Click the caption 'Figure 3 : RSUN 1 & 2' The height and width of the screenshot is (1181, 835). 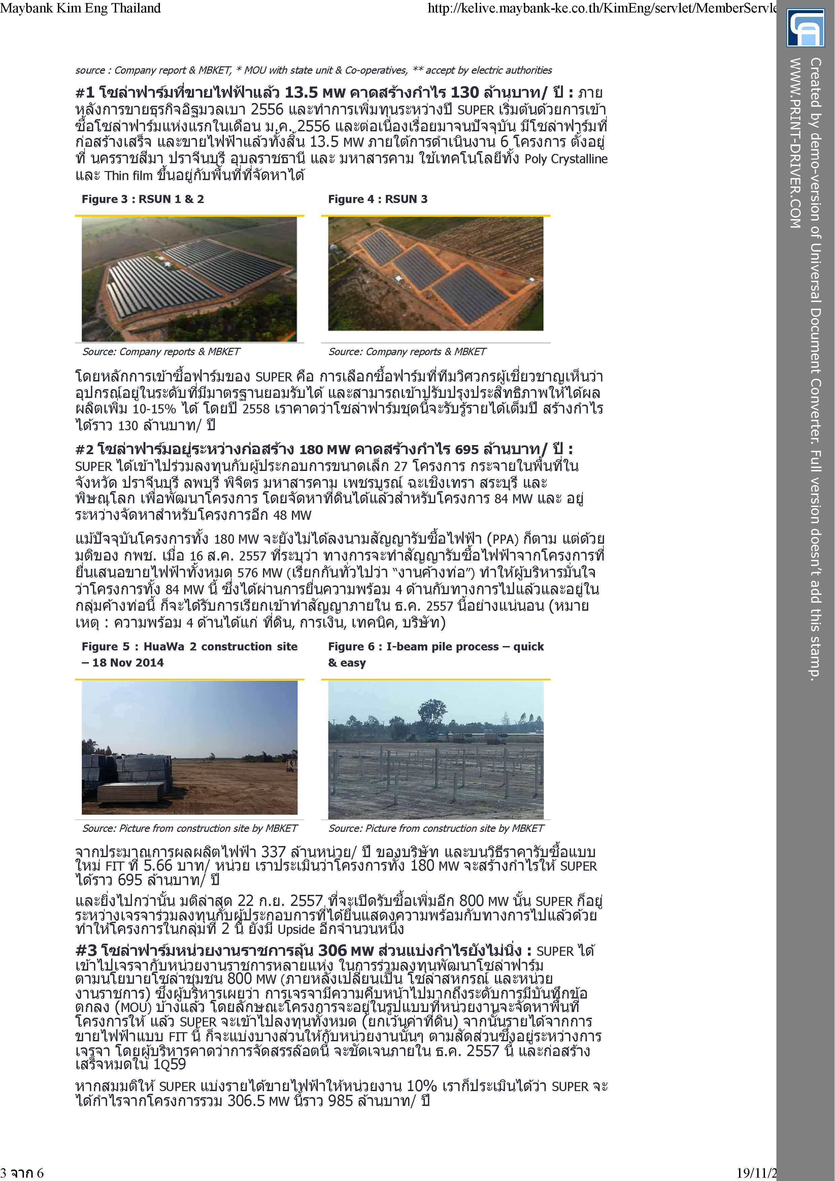142,199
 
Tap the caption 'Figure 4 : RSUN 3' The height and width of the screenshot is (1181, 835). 378,199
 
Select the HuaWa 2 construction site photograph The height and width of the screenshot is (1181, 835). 189,747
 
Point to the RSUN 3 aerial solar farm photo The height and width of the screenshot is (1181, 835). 436,274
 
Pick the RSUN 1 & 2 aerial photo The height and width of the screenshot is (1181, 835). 189,279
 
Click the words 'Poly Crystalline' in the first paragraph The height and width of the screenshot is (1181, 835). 566,159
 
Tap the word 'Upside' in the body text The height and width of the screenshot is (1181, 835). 296,929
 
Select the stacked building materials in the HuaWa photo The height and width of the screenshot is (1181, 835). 129,777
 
